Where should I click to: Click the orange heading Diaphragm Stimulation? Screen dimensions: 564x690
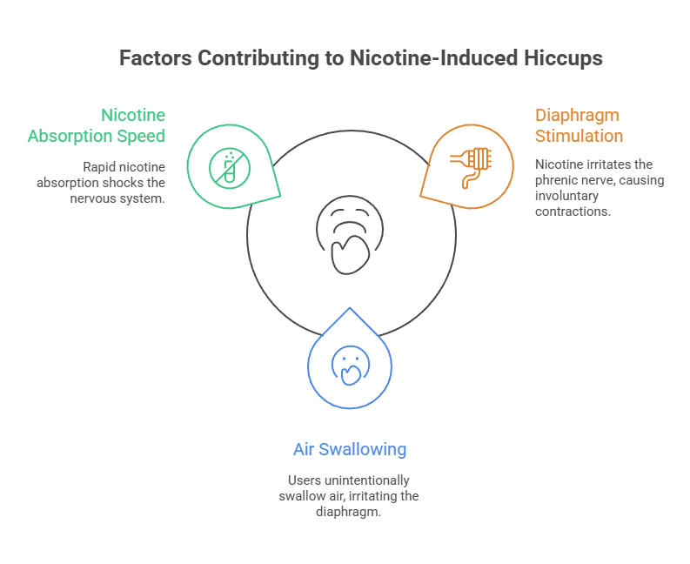579,125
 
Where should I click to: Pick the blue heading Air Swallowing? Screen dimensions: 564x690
349,449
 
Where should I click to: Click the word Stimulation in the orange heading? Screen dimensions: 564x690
579,136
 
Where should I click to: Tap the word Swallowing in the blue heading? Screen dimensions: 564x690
365,449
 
